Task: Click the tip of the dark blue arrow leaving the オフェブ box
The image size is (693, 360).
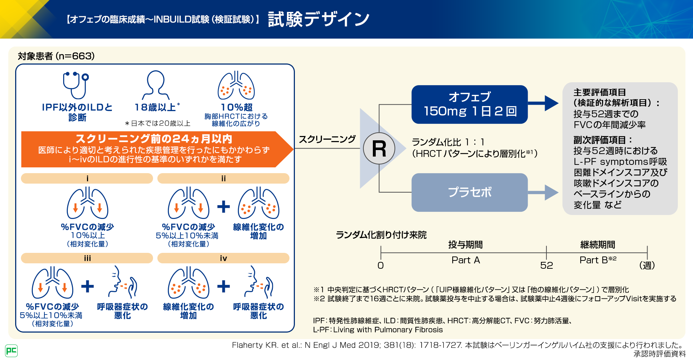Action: click(x=559, y=104)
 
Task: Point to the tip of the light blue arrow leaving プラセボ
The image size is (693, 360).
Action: click(x=559, y=192)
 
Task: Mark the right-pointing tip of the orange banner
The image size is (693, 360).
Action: click(x=293, y=149)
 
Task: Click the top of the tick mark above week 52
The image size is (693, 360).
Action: click(x=546, y=246)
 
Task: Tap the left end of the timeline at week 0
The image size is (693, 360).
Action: click(x=381, y=253)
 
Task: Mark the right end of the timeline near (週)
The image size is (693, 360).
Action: click(x=647, y=253)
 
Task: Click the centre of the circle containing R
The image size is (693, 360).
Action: click(x=379, y=149)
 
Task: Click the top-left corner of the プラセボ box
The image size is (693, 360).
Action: click(x=412, y=174)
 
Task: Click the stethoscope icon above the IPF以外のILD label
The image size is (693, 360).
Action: click(x=76, y=85)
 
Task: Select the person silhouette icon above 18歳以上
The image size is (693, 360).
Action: click(x=156, y=85)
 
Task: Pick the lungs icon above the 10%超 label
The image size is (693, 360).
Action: click(x=236, y=85)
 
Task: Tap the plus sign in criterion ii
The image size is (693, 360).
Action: click(x=223, y=206)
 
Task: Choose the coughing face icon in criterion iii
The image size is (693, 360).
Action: click(x=123, y=282)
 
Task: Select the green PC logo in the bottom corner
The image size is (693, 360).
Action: click(x=11, y=351)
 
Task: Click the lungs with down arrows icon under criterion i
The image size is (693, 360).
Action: click(x=87, y=203)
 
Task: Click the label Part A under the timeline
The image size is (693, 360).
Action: click(x=466, y=260)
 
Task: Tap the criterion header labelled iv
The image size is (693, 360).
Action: click(x=223, y=258)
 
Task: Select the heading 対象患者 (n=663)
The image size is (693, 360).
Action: click(x=56, y=56)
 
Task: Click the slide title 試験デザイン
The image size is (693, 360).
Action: click(x=319, y=19)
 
